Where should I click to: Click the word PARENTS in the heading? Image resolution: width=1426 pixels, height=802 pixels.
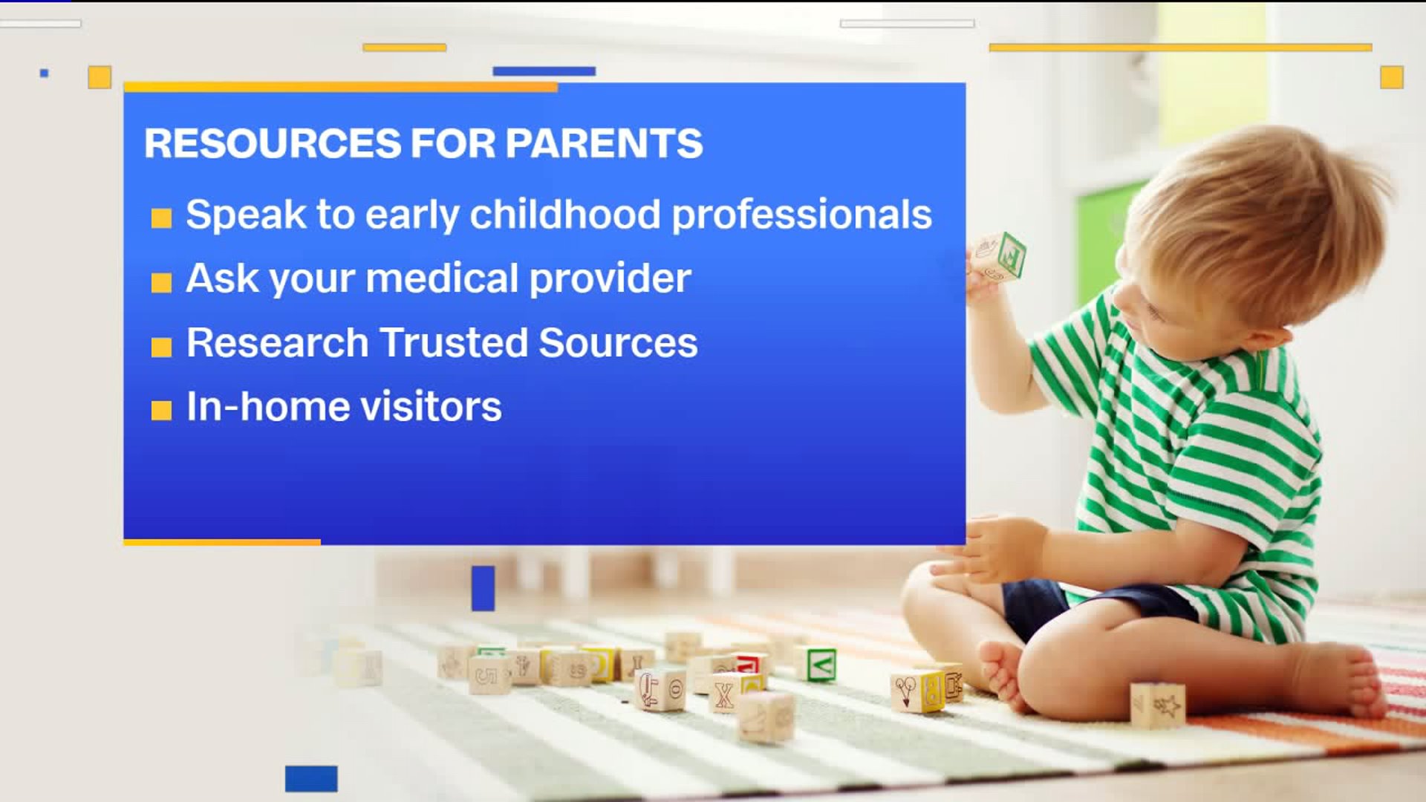(604, 143)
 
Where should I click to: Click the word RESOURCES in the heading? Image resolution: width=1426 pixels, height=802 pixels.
(273, 143)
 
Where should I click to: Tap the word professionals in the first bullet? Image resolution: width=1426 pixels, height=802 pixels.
(801, 216)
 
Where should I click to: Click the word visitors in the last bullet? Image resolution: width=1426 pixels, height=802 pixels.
(431, 407)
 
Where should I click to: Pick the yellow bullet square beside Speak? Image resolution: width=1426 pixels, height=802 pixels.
(161, 218)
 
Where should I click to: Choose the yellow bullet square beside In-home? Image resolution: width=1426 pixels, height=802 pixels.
(161, 410)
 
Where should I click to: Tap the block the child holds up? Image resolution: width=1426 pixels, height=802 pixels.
(998, 257)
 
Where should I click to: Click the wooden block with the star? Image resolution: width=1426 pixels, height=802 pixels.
(1157, 705)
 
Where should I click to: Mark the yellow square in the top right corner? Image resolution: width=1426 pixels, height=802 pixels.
(1392, 77)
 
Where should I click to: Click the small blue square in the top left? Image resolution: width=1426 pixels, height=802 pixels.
(44, 73)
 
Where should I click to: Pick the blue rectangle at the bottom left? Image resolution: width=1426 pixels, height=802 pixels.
(311, 778)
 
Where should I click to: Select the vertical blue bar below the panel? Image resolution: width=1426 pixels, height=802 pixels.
(483, 588)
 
